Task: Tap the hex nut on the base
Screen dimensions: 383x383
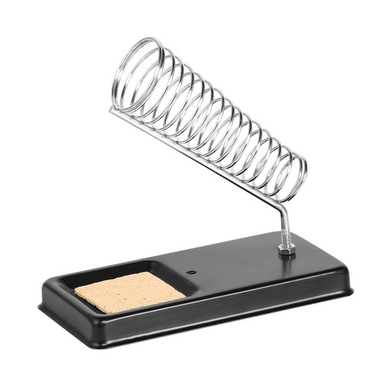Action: pyautogui.click(x=286, y=248)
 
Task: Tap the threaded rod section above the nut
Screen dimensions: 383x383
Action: pyautogui.click(x=284, y=230)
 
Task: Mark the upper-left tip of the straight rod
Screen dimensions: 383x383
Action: pyautogui.click(x=112, y=109)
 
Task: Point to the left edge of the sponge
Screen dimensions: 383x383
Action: pyautogui.click(x=77, y=294)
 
